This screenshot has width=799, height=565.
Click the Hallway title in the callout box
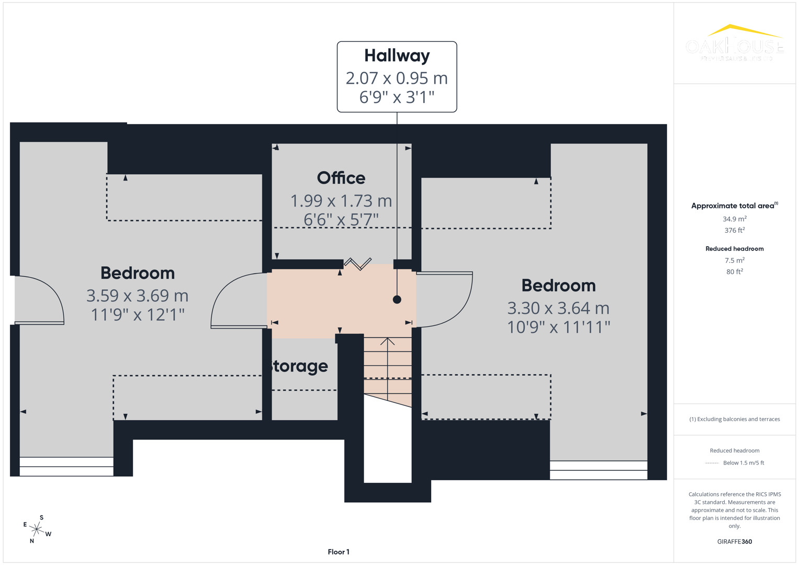pos(397,55)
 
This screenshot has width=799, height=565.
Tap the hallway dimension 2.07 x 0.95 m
pos(397,78)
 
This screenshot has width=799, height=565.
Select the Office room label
pos(341,178)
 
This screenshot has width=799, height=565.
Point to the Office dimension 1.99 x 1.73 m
pos(341,200)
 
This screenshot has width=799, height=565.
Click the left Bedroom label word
pos(137,273)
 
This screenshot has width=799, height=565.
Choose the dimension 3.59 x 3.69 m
pos(137,296)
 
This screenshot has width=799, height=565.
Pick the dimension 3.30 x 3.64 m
pos(558,308)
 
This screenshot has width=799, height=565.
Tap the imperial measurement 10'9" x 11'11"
pos(558,327)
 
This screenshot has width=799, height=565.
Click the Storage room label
pos(298,366)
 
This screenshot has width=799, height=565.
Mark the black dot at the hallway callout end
pos(397,300)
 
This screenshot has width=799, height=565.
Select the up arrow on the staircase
pos(387,342)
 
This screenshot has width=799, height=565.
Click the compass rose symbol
pos(37,529)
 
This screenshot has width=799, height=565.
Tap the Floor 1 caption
pos(339,552)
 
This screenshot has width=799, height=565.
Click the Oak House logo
pos(734,43)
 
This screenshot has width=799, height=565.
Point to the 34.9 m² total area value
pos(734,219)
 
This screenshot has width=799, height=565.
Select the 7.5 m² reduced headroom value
pos(734,261)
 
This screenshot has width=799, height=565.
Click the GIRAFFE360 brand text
pos(734,541)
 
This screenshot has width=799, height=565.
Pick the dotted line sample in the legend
pos(712,463)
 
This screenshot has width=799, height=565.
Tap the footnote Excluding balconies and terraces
pos(734,419)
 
